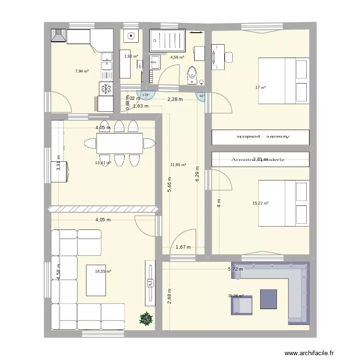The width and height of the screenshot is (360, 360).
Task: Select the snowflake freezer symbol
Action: click(x=106, y=88)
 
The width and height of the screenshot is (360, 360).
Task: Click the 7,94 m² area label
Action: click(x=82, y=71)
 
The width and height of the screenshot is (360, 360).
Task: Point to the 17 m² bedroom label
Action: click(x=261, y=87)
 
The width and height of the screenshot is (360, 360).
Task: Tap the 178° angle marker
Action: click(x=145, y=95)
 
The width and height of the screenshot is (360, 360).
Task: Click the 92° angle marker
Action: click(x=202, y=96)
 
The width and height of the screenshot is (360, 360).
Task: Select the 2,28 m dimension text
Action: click(x=175, y=99)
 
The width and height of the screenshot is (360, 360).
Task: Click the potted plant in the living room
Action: click(x=145, y=318)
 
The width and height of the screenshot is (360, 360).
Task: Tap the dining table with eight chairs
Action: click(x=120, y=143)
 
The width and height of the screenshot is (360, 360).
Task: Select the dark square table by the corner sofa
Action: click(x=268, y=299)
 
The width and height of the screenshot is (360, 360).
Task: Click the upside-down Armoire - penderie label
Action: click(x=261, y=136)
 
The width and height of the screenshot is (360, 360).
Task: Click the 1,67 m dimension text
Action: click(x=183, y=248)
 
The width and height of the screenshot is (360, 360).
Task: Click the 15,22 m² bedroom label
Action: click(x=260, y=203)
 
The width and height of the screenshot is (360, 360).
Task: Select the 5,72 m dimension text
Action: click(x=235, y=269)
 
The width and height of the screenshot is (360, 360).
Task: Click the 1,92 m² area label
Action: click(x=131, y=56)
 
